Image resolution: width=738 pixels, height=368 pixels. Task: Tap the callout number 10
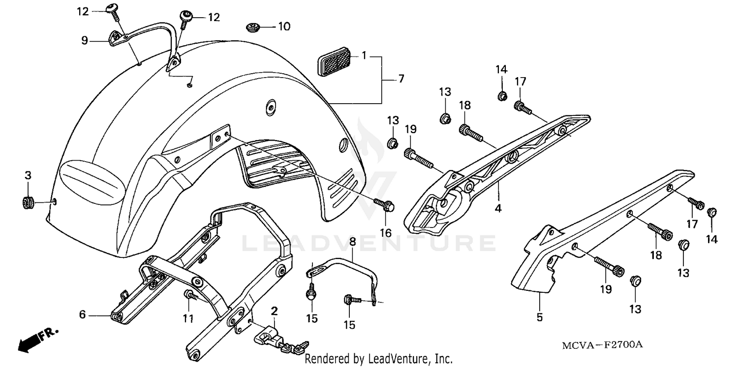tap(284, 26)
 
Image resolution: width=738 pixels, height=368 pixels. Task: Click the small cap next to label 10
tap(254, 27)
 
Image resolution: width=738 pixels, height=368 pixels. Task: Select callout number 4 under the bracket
tap(498, 209)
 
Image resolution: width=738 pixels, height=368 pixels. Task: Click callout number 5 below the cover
tap(539, 317)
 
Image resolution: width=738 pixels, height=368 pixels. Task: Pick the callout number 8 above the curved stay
tap(352, 242)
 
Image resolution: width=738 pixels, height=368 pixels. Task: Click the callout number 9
tap(85, 41)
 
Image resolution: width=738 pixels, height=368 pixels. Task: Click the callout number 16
tap(386, 232)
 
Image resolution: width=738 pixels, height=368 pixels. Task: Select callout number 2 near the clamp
tap(274, 311)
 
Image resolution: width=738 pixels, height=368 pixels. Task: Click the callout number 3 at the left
tap(28, 175)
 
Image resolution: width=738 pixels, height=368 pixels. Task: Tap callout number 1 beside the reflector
tap(364, 56)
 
